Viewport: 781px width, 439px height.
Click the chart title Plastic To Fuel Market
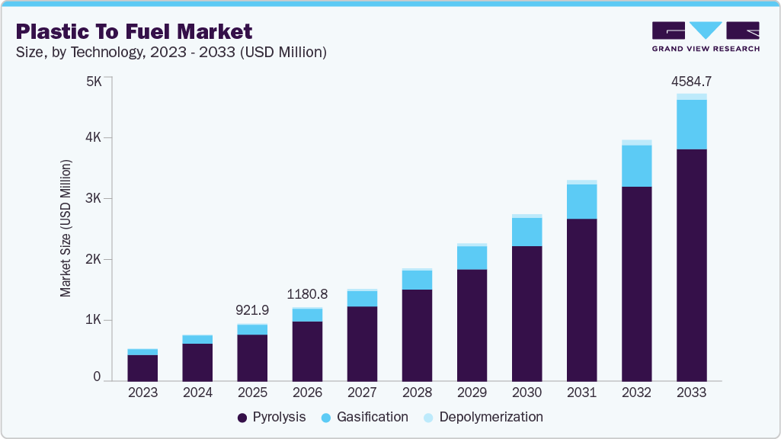point(133,31)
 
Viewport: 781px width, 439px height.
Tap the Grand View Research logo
point(705,36)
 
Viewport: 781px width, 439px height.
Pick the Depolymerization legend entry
point(483,417)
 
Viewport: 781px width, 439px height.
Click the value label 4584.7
point(691,81)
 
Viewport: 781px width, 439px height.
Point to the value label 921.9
point(252,311)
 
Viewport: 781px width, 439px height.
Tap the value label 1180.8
point(307,293)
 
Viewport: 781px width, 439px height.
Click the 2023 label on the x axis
point(142,393)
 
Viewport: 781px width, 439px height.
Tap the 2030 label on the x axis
point(527,393)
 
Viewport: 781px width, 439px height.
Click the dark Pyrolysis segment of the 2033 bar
point(691,265)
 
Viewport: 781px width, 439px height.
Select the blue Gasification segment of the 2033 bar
point(691,124)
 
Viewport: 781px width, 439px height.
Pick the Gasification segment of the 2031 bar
point(581,201)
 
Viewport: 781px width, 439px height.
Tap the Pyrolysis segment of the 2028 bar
point(417,335)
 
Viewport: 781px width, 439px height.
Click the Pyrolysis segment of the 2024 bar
point(197,363)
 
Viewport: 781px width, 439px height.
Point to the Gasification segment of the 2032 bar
point(636,165)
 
